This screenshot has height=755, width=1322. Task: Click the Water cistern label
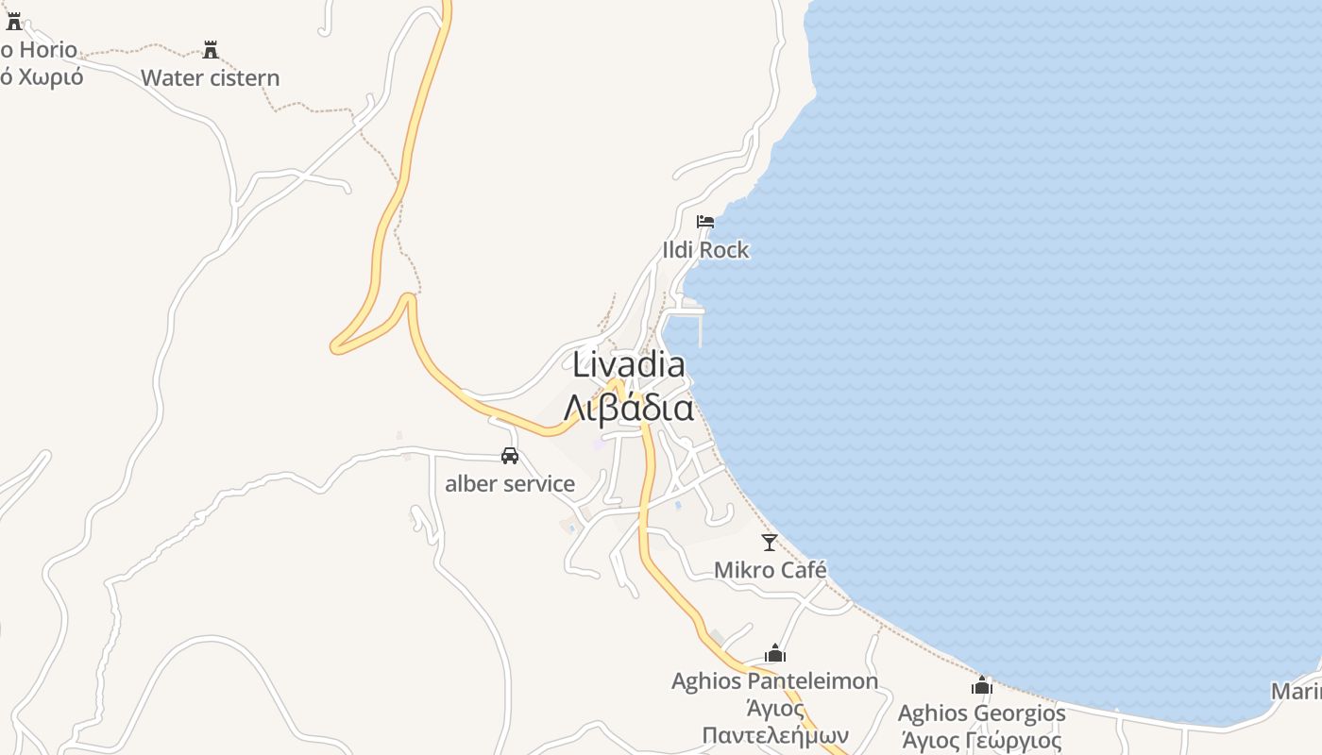pos(211,77)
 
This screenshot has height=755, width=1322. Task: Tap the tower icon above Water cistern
pos(211,49)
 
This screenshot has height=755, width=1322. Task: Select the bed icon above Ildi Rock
pos(705,223)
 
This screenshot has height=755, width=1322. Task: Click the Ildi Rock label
pos(705,250)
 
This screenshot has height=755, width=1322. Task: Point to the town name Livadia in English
pos(629,364)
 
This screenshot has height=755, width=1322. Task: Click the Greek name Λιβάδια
pos(629,408)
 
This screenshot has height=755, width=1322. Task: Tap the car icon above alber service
pos(510,456)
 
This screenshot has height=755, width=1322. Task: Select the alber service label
pos(510,484)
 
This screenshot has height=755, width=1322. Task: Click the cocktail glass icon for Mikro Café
pos(770,543)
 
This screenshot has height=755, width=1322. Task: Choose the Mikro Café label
pos(771,570)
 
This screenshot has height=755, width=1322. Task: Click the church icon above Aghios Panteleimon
pos(775,653)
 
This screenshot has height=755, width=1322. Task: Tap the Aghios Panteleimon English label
pos(774,680)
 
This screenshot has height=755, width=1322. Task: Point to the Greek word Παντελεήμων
pos(775,735)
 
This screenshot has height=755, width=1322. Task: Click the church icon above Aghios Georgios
pos(982,685)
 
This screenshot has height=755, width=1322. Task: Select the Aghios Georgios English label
pos(982,713)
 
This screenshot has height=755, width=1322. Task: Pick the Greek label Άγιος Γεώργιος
pos(982,741)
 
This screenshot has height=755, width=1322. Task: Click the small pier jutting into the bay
pos(700,326)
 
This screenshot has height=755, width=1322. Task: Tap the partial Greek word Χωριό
pos(42,77)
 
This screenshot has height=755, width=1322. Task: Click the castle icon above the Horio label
pos(13,21)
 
